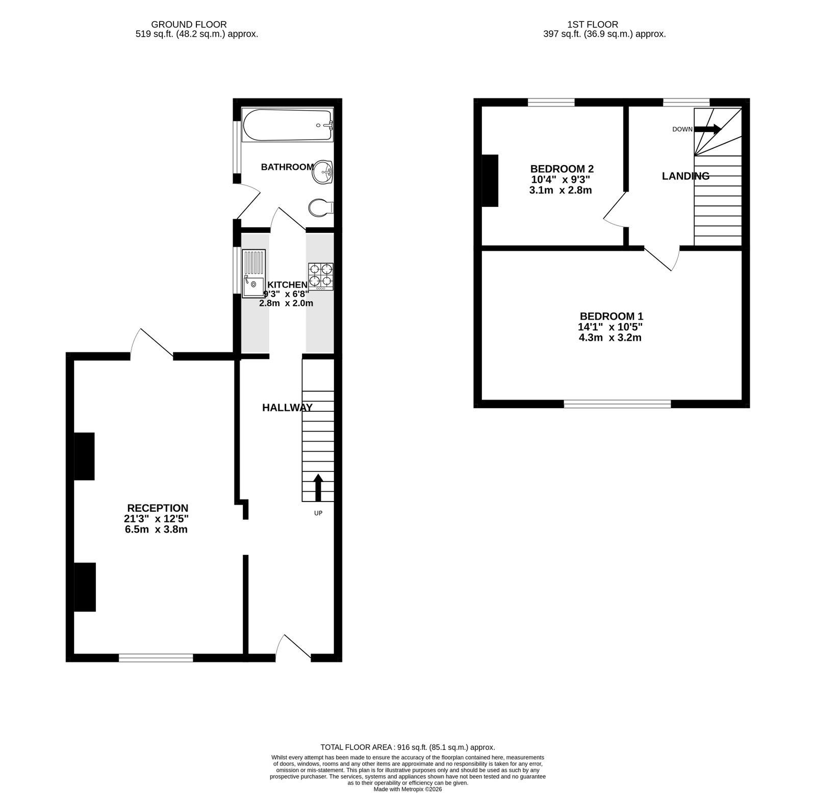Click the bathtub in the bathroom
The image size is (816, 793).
[288, 126]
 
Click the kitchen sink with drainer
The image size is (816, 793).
[253, 273]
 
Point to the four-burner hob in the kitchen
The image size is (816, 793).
[320, 277]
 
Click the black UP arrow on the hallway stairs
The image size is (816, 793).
[318, 488]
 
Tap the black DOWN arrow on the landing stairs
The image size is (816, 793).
[707, 129]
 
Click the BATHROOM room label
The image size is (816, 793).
[287, 167]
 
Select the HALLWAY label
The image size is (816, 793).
[287, 408]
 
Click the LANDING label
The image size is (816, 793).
[685, 176]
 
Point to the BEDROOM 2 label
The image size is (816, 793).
[562, 169]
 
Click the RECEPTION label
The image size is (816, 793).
[158, 508]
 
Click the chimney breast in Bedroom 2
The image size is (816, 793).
[490, 180]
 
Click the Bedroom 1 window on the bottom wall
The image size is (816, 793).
[617, 404]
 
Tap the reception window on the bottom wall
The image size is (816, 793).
[156, 658]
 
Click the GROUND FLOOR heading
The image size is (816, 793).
[189, 24]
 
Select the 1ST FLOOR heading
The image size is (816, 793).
[593, 24]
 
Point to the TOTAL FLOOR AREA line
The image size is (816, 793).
[407, 748]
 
